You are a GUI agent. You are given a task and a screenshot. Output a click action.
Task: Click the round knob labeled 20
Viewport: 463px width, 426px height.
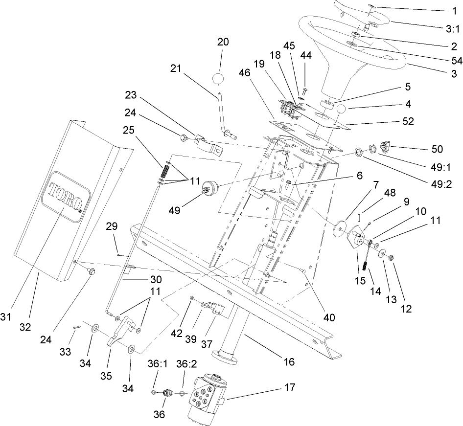pos(219,79)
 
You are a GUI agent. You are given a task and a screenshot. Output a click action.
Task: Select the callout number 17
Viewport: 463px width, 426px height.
pos(290,387)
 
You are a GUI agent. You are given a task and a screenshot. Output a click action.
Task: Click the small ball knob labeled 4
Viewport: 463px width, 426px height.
pos(340,110)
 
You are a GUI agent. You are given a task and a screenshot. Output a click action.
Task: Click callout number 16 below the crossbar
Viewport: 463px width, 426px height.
pos(289,362)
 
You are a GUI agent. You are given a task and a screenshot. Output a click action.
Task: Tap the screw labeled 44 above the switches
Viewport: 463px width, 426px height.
pos(304,91)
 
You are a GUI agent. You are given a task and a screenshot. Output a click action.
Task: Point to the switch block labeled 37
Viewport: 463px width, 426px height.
pos(215,309)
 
